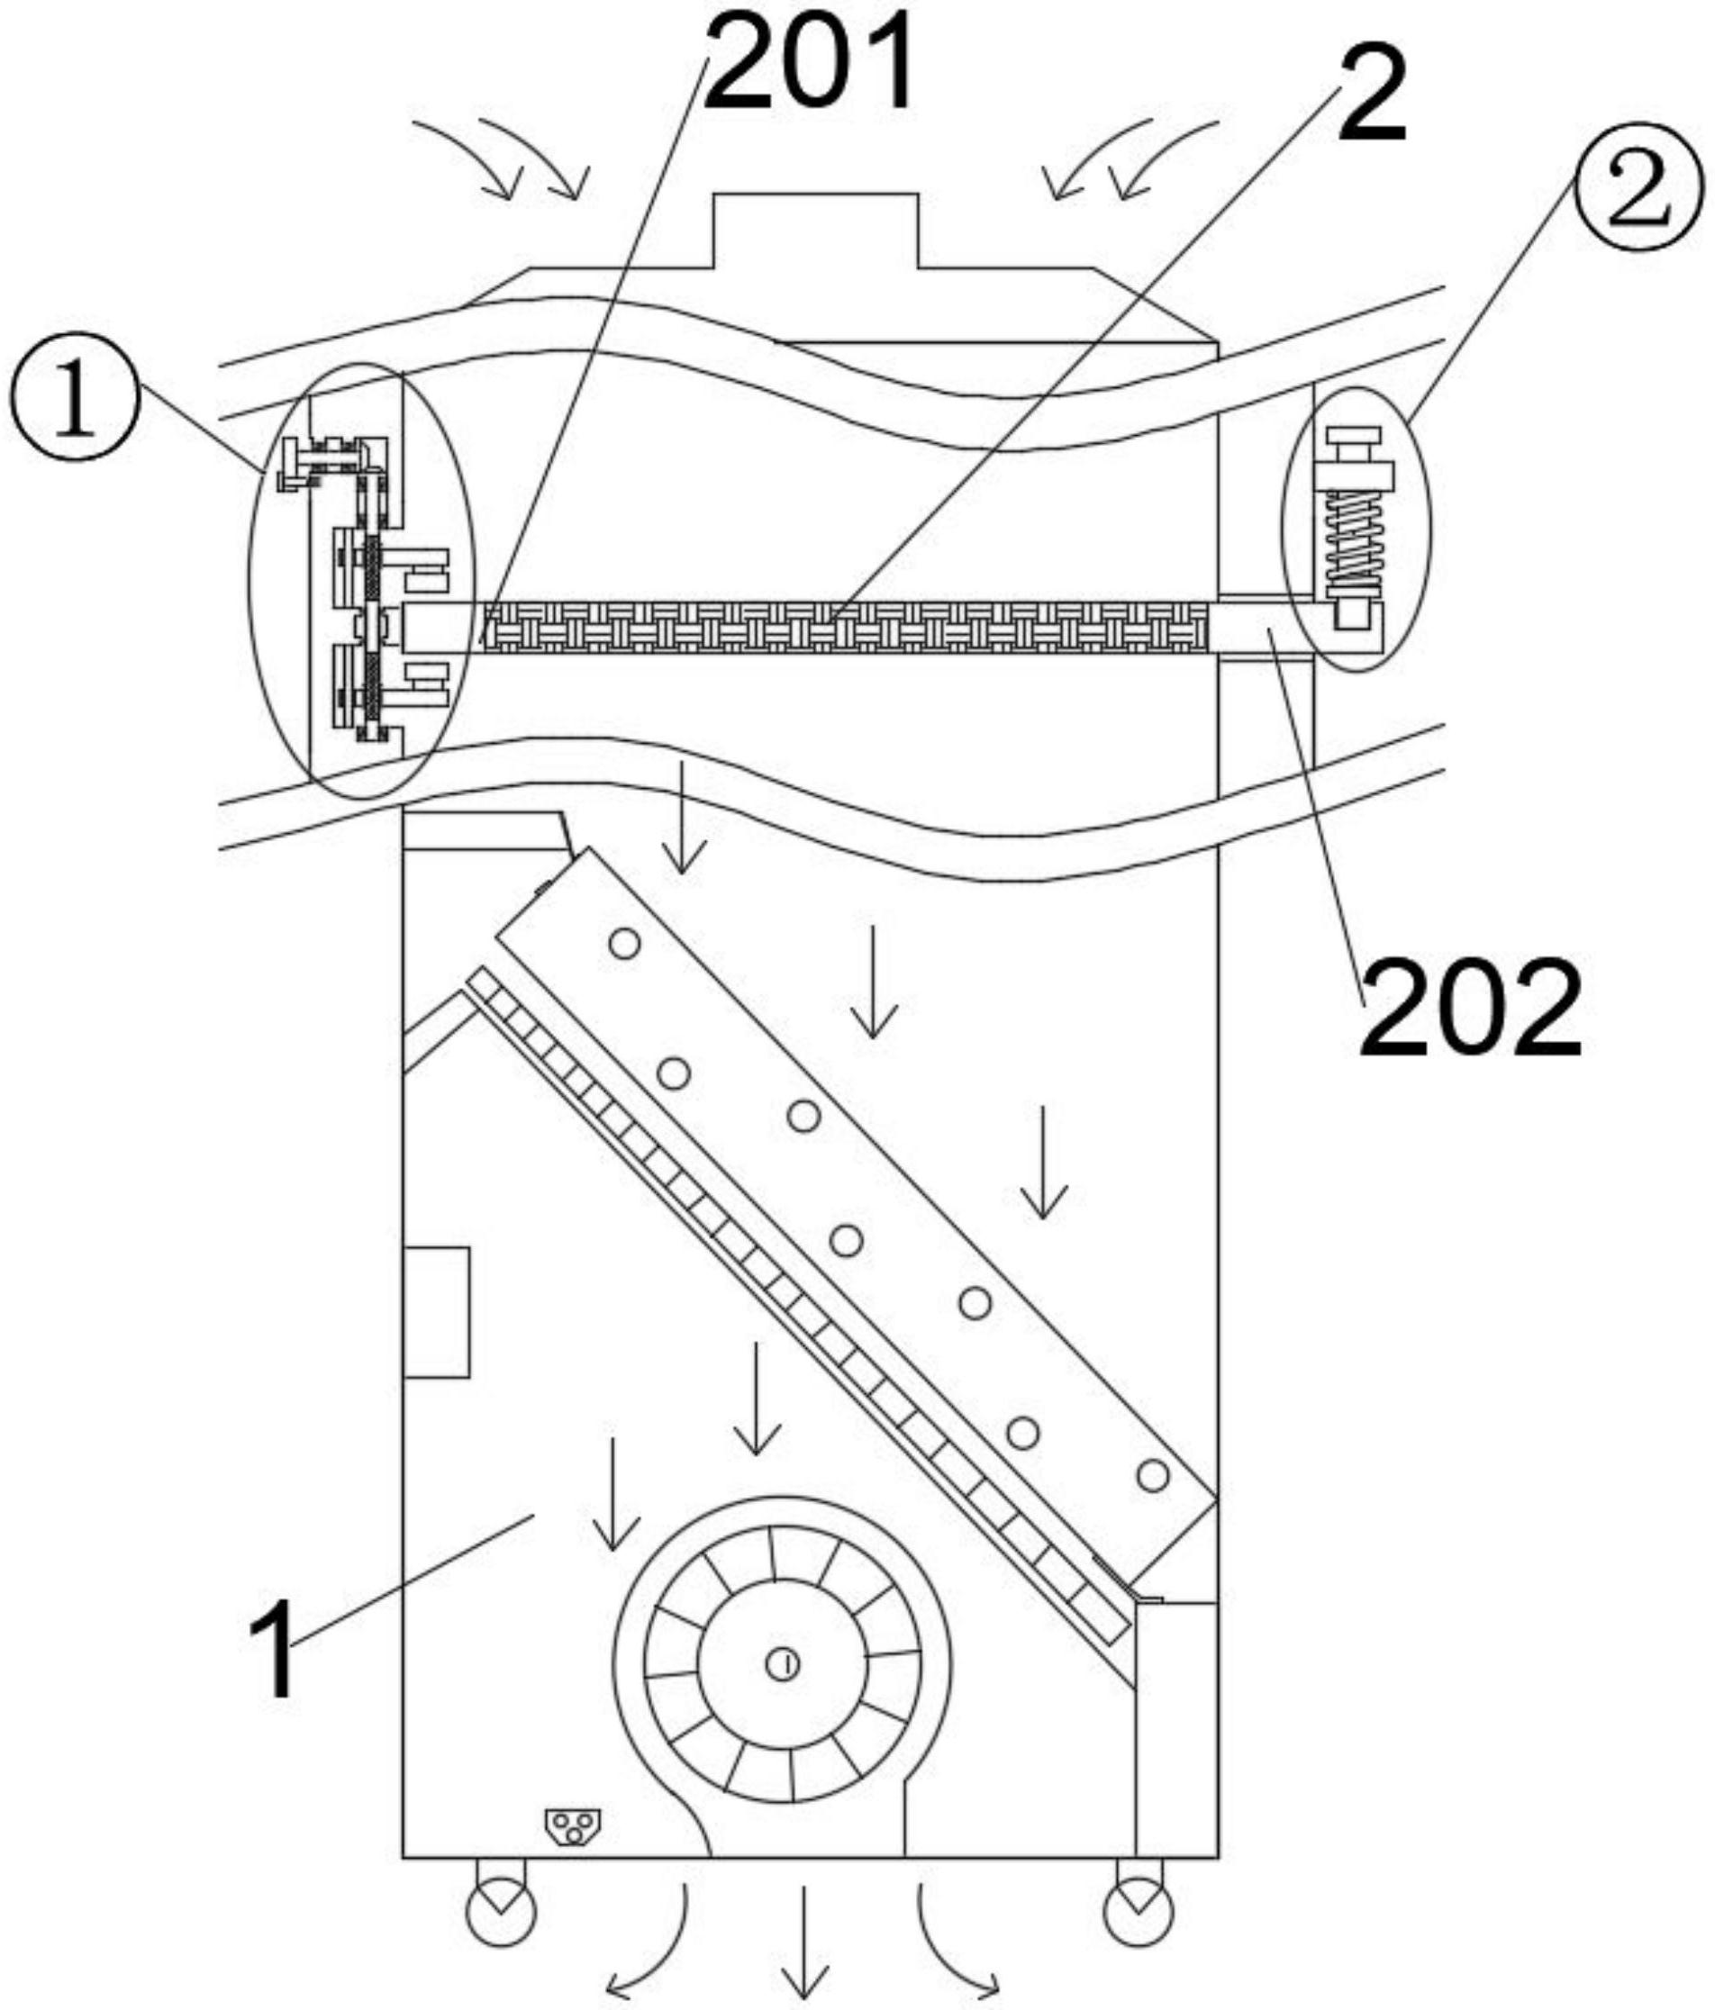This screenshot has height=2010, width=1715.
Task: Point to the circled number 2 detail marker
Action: point(1638,186)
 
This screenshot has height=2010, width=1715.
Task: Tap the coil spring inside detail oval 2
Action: point(1355,539)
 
